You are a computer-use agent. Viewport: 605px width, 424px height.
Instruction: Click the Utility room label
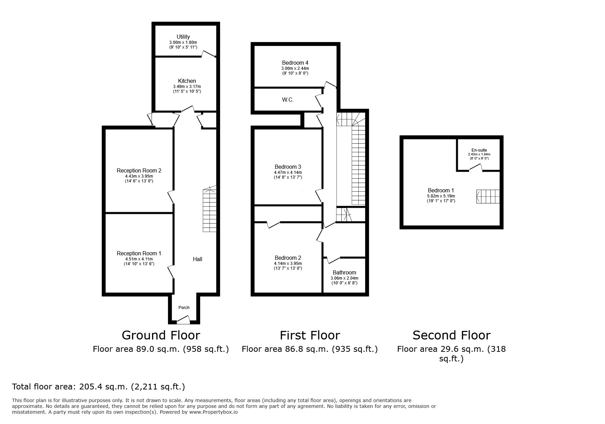tap(183, 37)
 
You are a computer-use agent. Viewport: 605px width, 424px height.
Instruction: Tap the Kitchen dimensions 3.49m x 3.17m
tap(187, 87)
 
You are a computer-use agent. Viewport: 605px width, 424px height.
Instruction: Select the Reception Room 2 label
tap(139, 170)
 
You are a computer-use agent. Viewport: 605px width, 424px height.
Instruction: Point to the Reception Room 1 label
tap(139, 253)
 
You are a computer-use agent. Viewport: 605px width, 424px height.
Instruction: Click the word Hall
tap(197, 259)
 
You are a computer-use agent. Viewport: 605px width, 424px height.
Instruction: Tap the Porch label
tap(184, 307)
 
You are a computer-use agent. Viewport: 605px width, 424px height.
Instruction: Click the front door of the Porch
tap(183, 320)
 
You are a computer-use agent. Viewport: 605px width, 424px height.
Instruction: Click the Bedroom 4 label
tap(295, 63)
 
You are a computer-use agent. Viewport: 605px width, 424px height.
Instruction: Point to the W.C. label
tap(288, 100)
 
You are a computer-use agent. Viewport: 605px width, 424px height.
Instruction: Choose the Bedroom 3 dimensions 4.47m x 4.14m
tap(288, 172)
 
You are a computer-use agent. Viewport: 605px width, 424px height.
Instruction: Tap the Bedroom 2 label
tap(288, 258)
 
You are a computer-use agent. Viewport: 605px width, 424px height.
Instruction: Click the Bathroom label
tap(344, 272)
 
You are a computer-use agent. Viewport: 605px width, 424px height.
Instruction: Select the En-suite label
tap(479, 150)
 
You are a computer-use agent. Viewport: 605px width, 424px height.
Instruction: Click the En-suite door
tap(475, 167)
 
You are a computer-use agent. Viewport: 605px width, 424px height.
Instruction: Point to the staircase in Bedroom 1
tap(488, 196)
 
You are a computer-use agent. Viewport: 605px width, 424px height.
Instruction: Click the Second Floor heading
tap(452, 335)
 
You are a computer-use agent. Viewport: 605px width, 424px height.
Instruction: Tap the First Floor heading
tap(310, 335)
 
